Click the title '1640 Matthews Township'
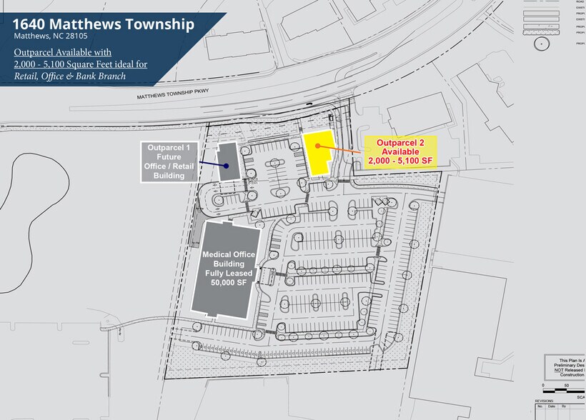(x=103, y=24)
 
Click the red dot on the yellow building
(x=317, y=146)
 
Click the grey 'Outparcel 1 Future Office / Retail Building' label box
(x=170, y=161)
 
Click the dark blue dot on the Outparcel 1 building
(x=226, y=166)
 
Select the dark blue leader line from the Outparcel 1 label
(x=210, y=164)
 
